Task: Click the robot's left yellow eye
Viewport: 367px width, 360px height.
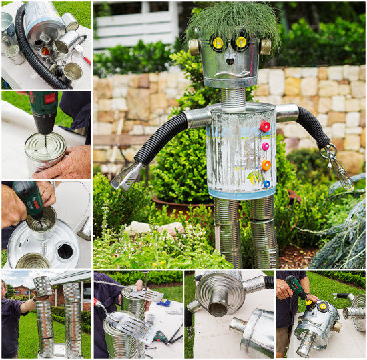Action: tap(218, 43)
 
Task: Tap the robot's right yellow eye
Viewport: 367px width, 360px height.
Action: tap(240, 42)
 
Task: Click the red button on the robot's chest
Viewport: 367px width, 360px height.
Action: tap(265, 126)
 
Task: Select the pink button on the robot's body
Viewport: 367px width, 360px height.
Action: tap(266, 146)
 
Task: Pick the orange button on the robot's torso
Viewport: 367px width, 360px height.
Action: tap(266, 165)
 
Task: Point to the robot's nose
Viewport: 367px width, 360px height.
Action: tap(230, 58)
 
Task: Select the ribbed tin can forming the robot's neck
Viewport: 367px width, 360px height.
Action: tap(232, 98)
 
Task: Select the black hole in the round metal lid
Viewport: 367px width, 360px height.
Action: tap(65, 251)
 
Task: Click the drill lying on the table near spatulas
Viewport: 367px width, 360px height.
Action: tap(161, 336)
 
